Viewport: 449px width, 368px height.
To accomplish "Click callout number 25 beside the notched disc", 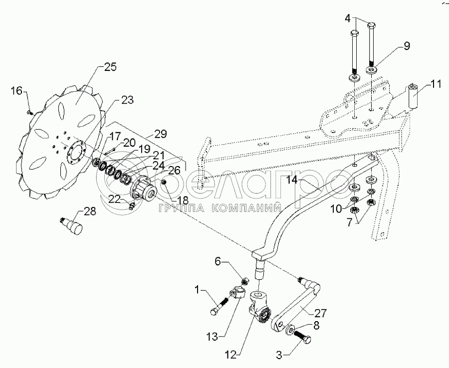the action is coord(110,67).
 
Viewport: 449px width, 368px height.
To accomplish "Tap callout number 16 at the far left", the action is coord(16,91).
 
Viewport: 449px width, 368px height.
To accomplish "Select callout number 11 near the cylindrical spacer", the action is coord(436,85).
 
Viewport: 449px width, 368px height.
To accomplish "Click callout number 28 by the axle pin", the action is coord(90,211).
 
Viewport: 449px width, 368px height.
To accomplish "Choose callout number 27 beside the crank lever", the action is coord(320,313).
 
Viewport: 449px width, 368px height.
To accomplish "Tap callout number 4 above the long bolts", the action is coord(347,18).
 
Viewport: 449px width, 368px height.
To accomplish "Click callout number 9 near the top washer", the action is coord(407,46).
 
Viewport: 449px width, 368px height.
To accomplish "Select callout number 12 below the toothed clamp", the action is coord(231,355).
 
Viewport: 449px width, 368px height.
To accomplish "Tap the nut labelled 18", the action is coord(164,182).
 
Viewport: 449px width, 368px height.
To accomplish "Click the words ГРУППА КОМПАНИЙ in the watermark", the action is coord(220,208).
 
